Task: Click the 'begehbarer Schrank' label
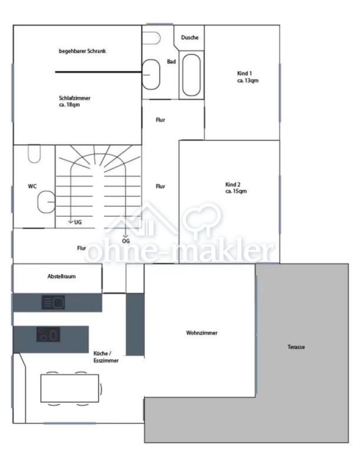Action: click(83, 51)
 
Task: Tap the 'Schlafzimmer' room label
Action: click(75, 98)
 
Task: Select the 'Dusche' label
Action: click(190, 38)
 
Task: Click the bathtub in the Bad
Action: click(191, 75)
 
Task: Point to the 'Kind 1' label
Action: click(244, 73)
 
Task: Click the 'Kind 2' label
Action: click(233, 184)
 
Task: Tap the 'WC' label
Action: click(33, 186)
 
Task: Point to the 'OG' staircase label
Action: click(126, 241)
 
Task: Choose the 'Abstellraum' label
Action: click(62, 276)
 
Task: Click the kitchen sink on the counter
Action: click(53, 303)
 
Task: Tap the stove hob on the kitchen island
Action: click(48, 335)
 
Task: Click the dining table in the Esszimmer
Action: click(70, 388)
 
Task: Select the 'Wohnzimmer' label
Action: click(202, 333)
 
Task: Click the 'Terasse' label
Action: click(296, 347)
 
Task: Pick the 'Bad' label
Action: click(171, 62)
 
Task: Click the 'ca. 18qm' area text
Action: click(69, 104)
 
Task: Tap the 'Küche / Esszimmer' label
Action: click(106, 357)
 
